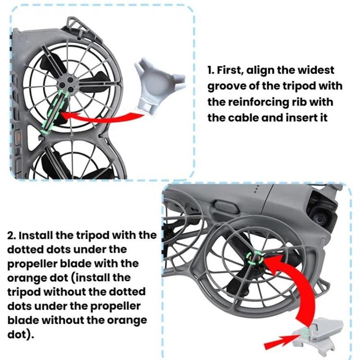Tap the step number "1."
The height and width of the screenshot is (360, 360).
pos(211,71)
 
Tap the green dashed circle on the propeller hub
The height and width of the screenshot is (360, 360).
pos(255,258)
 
